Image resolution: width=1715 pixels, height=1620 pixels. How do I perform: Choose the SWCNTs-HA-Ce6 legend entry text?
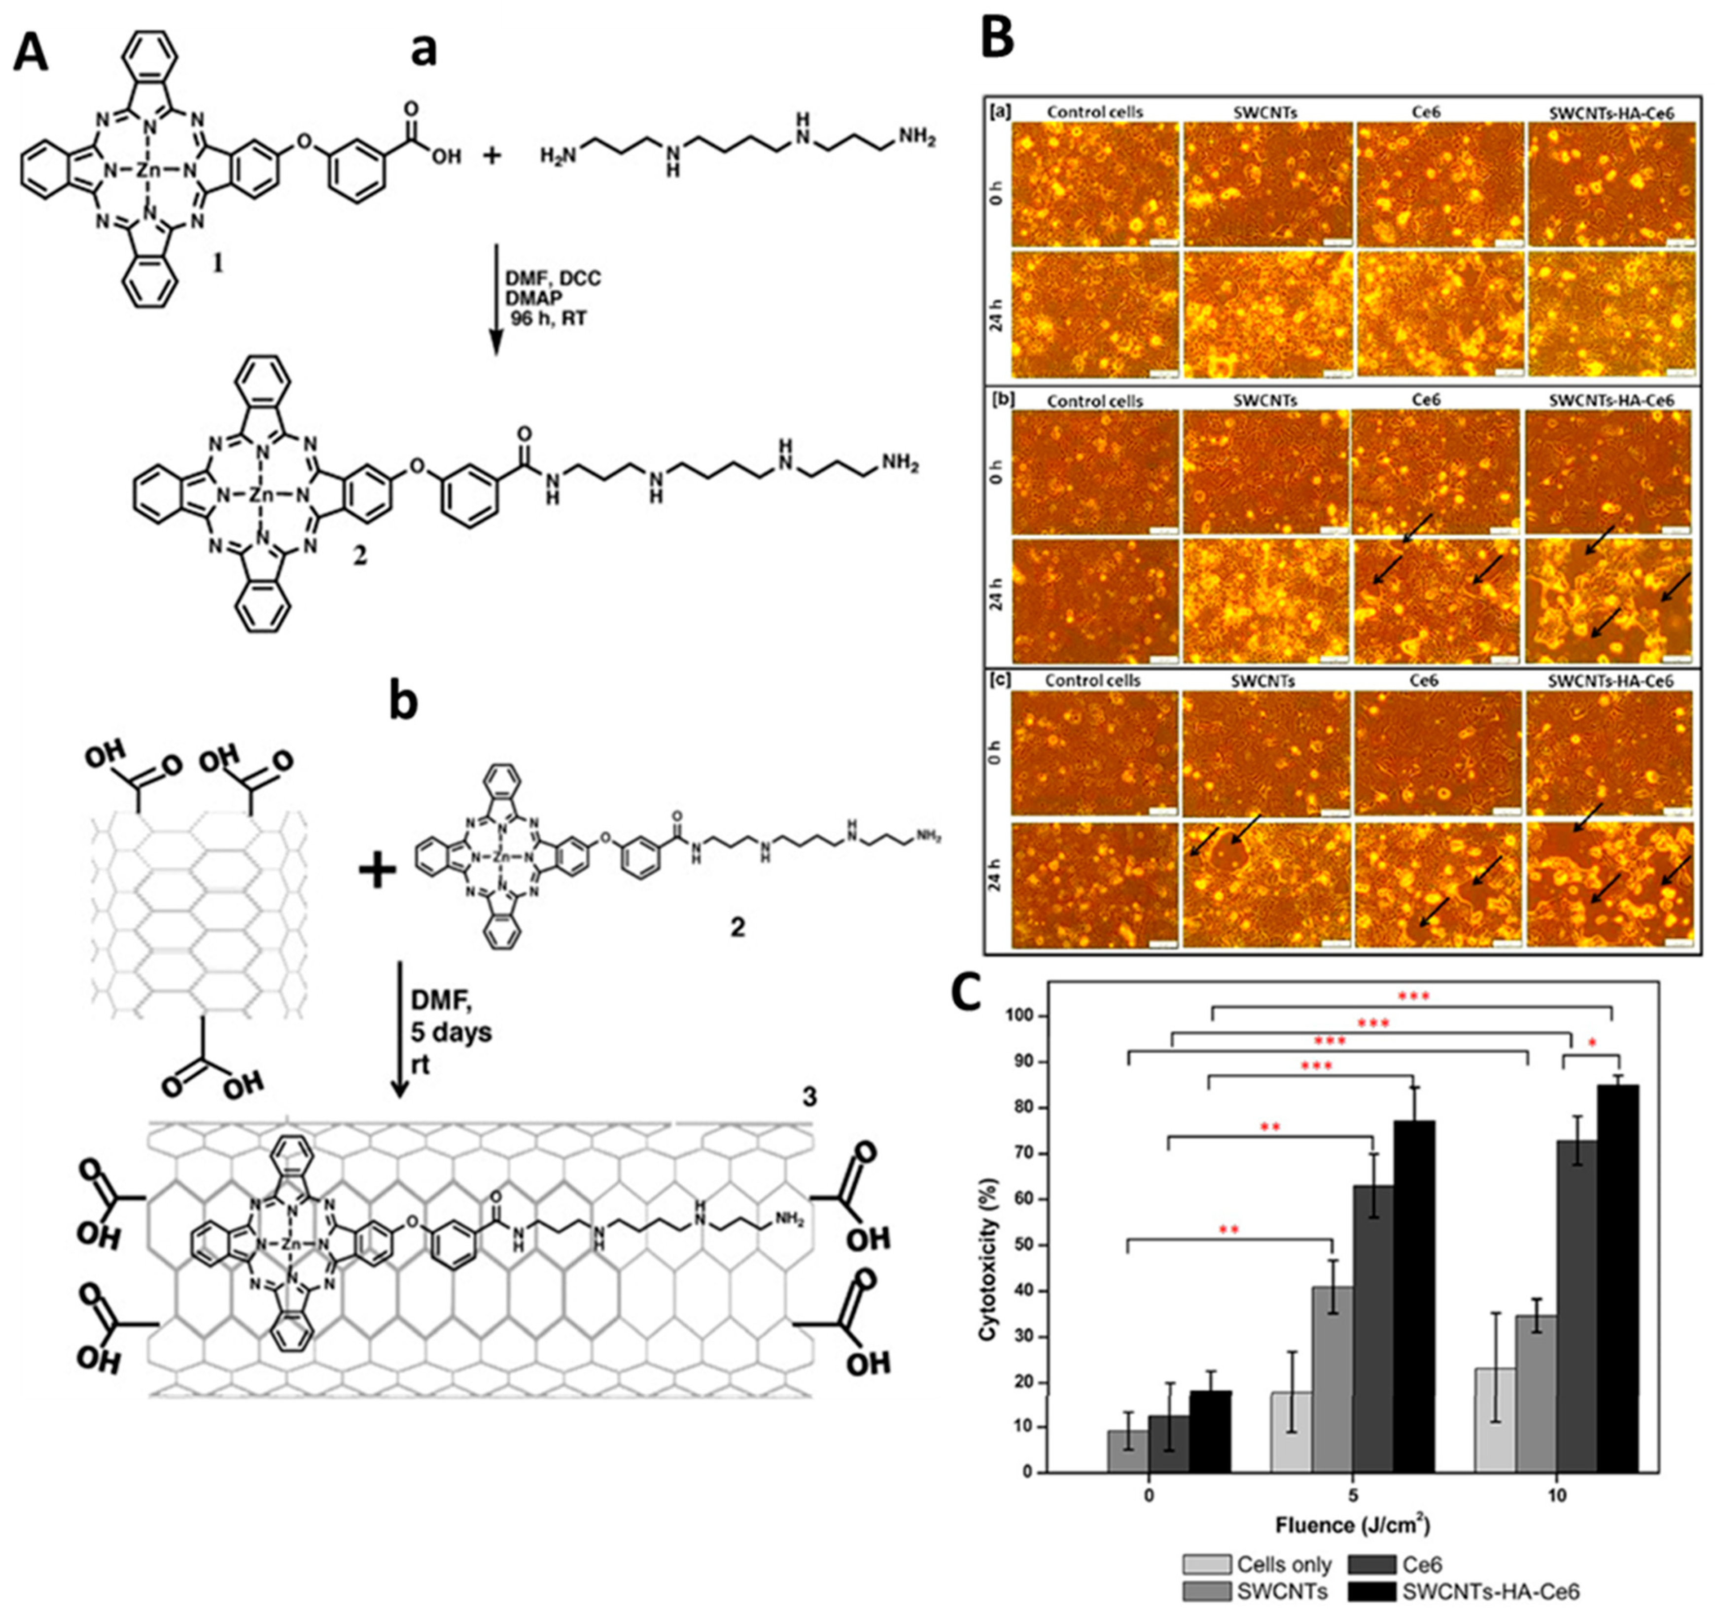coord(1491,1591)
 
